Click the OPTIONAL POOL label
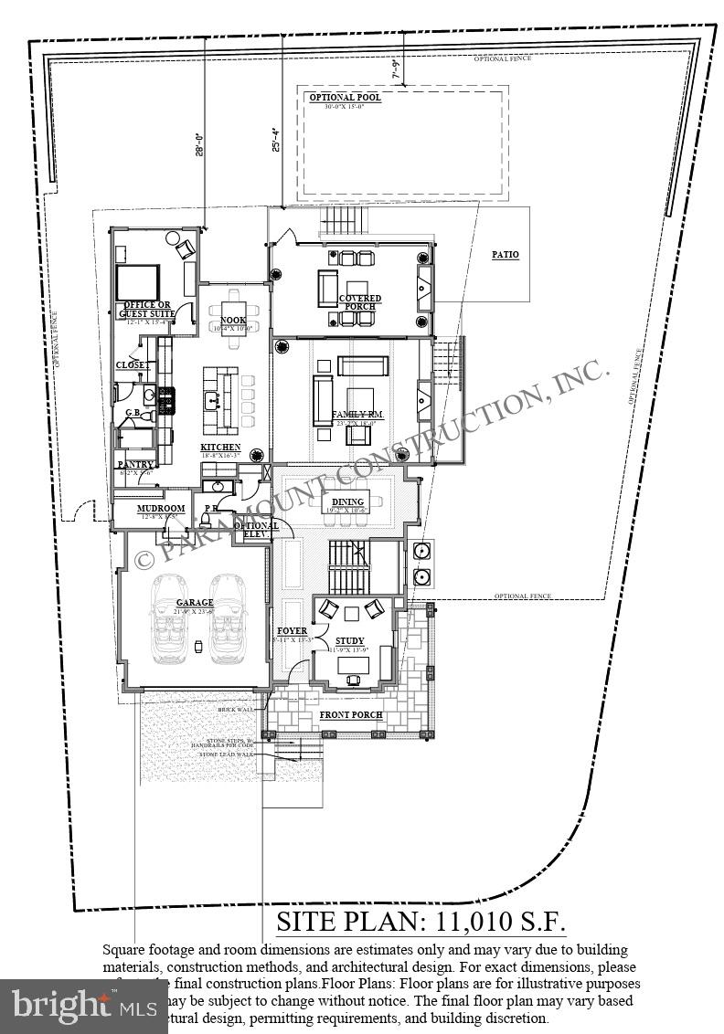[345, 97]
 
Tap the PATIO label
[506, 254]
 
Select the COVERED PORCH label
[359, 302]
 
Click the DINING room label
[347, 501]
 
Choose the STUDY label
[349, 640]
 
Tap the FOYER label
[292, 631]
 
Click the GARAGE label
[195, 603]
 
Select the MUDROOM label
[161, 508]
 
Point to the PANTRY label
[135, 464]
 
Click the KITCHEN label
[220, 447]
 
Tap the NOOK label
[234, 320]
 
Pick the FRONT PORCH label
[350, 713]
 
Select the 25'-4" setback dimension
[275, 139]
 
